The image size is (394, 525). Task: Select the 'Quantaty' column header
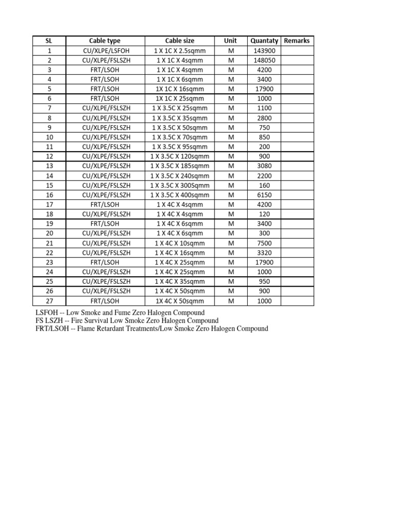(x=264, y=41)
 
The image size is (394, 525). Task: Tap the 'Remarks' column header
(x=297, y=41)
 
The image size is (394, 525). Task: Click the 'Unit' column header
(x=231, y=41)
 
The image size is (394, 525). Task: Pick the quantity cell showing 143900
(x=264, y=50)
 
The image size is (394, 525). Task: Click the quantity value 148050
(x=264, y=60)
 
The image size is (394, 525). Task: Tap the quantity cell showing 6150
(x=264, y=195)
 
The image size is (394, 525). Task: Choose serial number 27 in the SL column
(x=49, y=301)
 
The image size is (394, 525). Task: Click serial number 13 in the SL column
(x=49, y=166)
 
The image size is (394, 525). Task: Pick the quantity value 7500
(x=264, y=243)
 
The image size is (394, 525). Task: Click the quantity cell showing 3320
(x=264, y=253)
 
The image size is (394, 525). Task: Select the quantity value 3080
(x=264, y=166)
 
